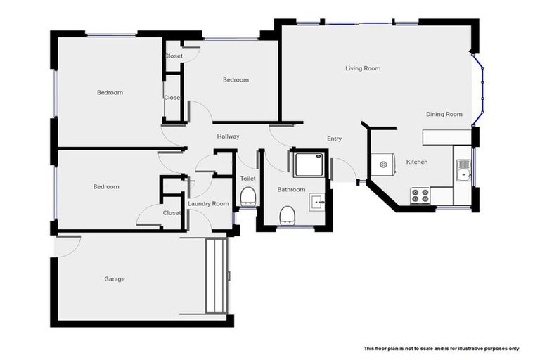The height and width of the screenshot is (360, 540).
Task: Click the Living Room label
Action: click(363, 68)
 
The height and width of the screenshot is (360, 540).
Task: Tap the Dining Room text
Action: click(444, 114)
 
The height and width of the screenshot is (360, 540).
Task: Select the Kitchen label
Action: click(416, 162)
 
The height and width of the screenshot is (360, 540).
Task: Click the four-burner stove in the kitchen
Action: click(420, 195)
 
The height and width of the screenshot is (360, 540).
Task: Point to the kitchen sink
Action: click(463, 168)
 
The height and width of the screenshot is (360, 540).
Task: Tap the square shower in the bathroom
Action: click(307, 164)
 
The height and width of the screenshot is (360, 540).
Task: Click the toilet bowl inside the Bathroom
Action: click(286, 213)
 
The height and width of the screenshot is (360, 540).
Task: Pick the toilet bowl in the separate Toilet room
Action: click(247, 196)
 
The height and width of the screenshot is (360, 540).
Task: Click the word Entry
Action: click(334, 139)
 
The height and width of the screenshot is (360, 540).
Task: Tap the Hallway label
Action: click(228, 136)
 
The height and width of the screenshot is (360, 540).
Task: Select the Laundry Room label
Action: click(208, 203)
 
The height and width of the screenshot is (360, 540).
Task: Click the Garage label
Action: click(115, 279)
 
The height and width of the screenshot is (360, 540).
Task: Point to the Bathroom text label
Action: click(291, 189)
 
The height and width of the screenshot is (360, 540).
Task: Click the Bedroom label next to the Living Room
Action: click(236, 79)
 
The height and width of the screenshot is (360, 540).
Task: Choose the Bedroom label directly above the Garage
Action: click(106, 186)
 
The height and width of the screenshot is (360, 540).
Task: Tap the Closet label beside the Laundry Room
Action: click(172, 212)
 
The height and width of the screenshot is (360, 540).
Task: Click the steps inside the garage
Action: click(215, 276)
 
